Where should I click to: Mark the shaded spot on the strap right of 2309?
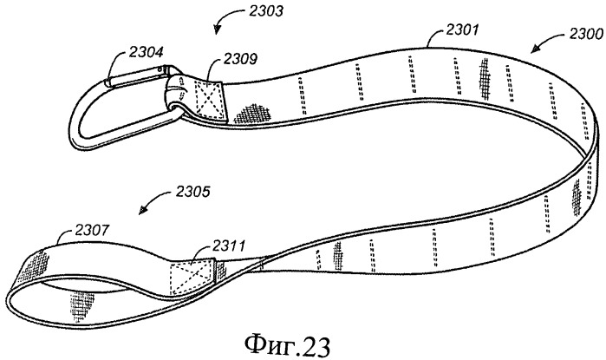click(251, 112)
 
